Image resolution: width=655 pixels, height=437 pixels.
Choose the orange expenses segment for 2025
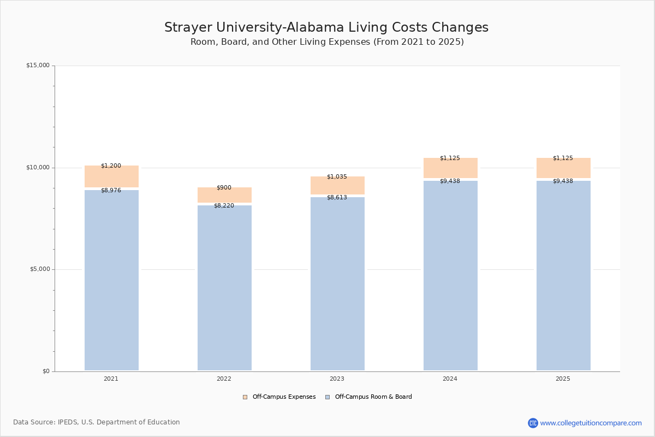click(563, 168)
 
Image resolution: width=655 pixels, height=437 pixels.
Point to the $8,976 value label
click(111, 191)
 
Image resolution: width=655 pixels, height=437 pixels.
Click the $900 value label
click(224, 188)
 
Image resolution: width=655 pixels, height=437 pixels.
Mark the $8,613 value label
click(337, 198)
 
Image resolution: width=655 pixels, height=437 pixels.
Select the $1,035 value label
click(337, 177)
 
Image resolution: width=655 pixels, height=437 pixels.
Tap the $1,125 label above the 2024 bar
click(450, 158)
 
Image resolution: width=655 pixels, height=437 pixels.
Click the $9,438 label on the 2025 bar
click(563, 181)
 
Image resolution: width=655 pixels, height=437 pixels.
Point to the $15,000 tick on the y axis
click(38, 66)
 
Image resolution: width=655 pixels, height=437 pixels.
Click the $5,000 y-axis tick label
click(39, 269)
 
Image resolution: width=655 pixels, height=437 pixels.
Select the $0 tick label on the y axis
click(46, 371)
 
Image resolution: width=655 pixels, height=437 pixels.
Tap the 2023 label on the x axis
click(337, 379)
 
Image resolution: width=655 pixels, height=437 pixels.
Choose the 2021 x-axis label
click(111, 379)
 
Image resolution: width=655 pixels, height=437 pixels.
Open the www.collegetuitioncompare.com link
click(591, 423)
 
